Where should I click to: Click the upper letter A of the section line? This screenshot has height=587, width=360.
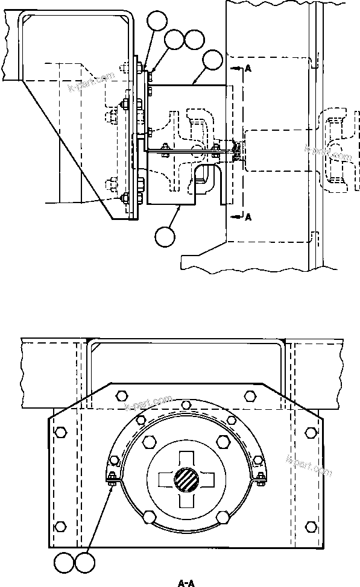[x=248, y=69]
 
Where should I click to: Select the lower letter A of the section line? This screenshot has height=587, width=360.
[x=248, y=218]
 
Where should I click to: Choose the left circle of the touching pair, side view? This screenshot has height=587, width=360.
[x=174, y=40]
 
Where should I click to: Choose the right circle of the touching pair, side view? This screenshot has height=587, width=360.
[x=194, y=40]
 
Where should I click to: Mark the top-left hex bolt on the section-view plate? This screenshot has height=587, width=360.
[x=121, y=395]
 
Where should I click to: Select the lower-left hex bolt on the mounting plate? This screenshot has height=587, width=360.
[x=59, y=526]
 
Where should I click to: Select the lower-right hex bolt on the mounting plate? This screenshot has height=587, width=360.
[x=311, y=526]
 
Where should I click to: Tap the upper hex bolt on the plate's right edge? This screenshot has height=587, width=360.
[x=311, y=433]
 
